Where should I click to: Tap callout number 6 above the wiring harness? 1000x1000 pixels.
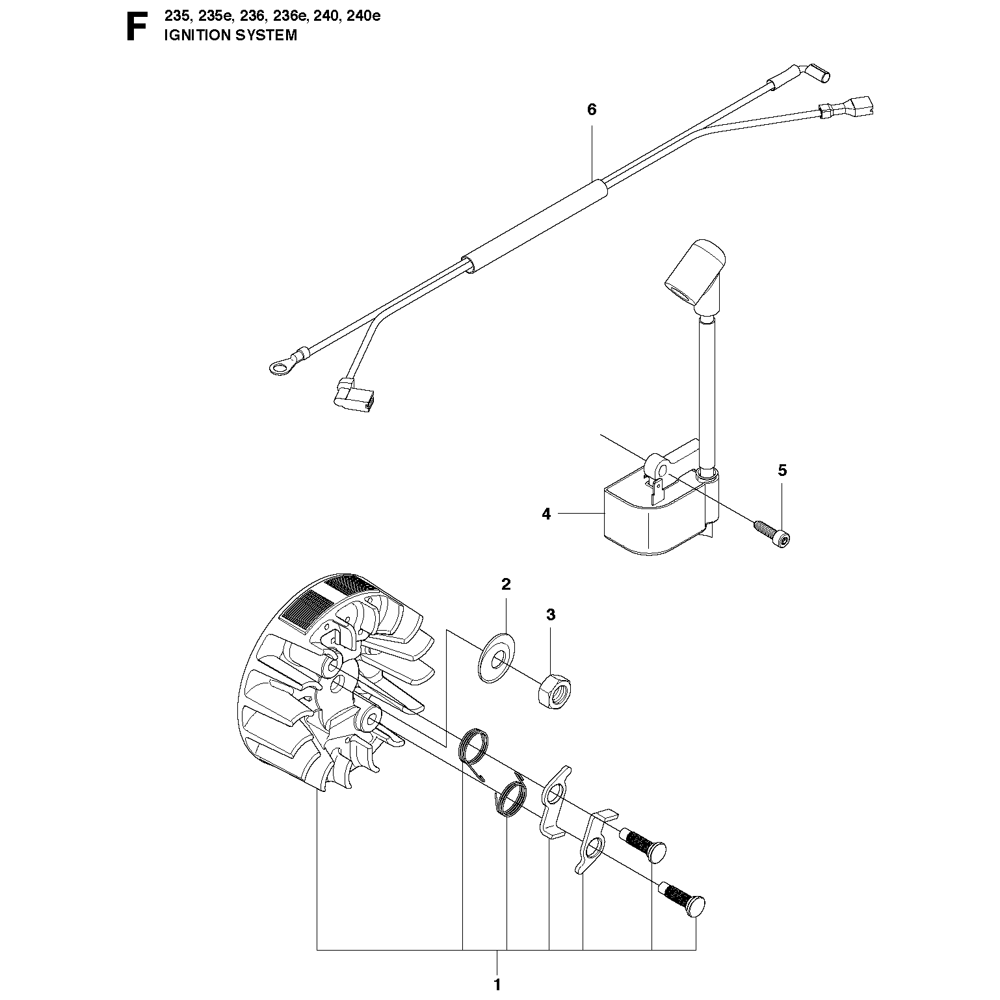point(591,110)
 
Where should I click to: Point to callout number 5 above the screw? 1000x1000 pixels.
point(782,470)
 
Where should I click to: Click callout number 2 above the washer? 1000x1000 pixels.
point(506,584)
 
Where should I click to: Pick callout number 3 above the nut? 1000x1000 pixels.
point(551,614)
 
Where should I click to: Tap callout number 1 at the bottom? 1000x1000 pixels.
point(497,982)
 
